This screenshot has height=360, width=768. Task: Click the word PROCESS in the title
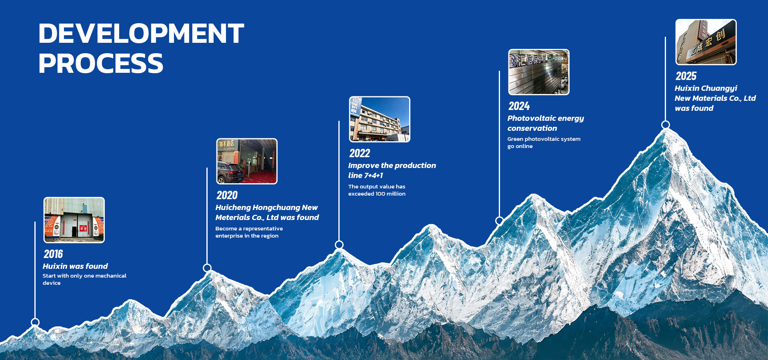pos(101,63)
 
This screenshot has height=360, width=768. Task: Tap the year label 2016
pos(53,254)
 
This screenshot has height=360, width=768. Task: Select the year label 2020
pos(227,195)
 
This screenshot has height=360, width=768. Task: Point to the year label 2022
pos(360,153)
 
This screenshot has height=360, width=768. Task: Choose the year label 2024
pos(519,106)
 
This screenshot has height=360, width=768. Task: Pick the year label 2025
pos(686,76)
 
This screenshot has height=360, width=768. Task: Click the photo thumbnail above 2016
pos(74,220)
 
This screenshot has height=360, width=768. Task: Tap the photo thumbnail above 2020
pos(247,161)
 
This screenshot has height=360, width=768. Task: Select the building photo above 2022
pos(380,119)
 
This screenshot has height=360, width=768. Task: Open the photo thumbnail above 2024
pos(539,72)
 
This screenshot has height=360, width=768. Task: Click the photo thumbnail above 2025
pos(706,42)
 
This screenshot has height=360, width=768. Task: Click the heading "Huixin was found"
pos(75,266)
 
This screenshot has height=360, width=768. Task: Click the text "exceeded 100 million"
pos(377,194)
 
